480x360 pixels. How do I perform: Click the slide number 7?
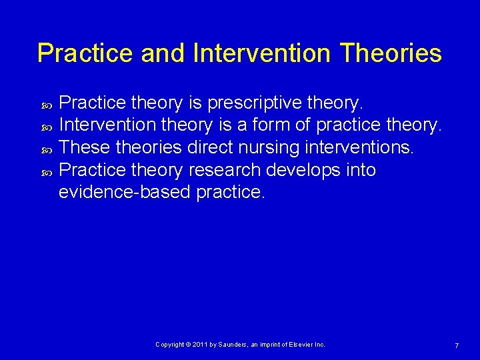click(x=456, y=345)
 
